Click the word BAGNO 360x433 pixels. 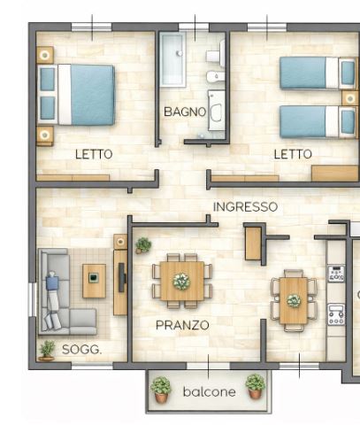click(x=185, y=112)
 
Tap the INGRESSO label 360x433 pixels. click(x=245, y=207)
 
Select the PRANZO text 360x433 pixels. click(x=182, y=325)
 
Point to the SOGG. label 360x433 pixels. click(x=81, y=350)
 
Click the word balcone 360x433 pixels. click(x=209, y=391)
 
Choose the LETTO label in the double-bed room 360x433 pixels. click(x=94, y=154)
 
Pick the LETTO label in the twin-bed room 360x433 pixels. click(x=293, y=154)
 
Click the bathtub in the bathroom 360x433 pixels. click(x=172, y=59)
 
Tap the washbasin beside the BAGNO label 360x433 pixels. click(x=216, y=111)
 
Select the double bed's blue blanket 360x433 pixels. click(x=92, y=95)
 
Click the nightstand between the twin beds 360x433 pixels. click(x=350, y=98)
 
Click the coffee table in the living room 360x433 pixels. click(x=94, y=281)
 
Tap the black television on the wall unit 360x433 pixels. click(x=122, y=277)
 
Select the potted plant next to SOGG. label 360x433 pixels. click(x=47, y=351)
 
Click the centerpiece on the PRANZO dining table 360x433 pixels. click(x=181, y=282)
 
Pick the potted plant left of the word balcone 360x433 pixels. click(x=161, y=390)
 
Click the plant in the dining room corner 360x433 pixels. click(x=143, y=245)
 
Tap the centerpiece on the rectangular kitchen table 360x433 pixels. click(x=294, y=301)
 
